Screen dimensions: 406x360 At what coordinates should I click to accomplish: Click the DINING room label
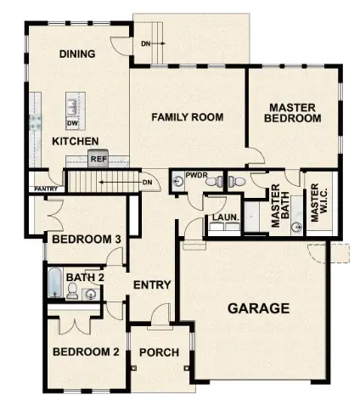76,54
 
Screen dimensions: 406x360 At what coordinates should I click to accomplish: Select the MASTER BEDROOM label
294,113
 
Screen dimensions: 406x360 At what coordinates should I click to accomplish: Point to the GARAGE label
258,308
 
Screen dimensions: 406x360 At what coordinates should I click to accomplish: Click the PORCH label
159,352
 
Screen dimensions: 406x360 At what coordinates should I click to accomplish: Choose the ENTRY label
153,285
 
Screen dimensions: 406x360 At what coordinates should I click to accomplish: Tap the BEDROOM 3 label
86,240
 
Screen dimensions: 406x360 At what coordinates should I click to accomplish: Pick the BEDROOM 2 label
85,352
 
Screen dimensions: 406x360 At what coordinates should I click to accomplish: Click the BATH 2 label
85,277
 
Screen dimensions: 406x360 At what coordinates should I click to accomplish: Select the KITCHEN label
76,140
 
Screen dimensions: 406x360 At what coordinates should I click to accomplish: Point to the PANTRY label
45,189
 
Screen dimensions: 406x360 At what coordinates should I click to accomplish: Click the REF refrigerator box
99,158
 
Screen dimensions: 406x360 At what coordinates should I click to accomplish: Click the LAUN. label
223,217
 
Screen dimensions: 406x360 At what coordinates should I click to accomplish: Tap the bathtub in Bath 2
55,283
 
